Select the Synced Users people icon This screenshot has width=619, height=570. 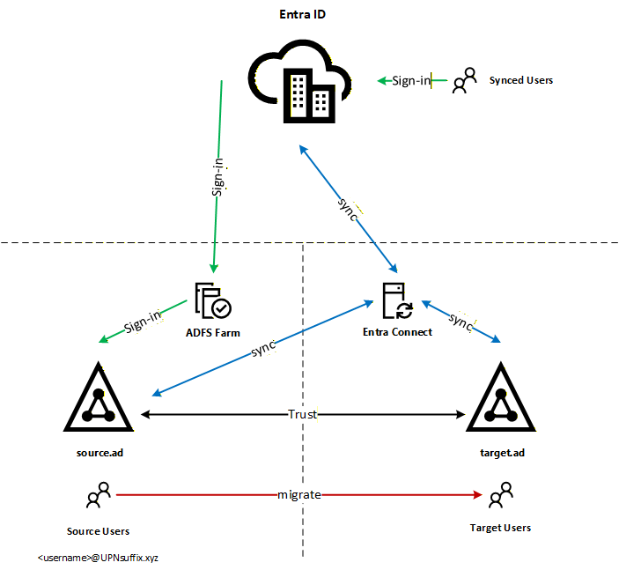(464, 81)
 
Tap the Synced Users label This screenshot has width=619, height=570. (521, 80)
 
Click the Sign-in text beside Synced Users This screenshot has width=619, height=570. (410, 81)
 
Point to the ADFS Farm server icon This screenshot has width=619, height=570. (212, 300)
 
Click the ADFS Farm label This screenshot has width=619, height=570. (213, 332)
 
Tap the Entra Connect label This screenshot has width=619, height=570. (397, 332)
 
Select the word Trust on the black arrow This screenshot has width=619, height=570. (303, 413)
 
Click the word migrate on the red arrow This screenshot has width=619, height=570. (299, 495)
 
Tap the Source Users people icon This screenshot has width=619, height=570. (98, 496)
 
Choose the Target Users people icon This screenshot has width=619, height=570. (499, 495)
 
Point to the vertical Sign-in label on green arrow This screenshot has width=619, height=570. (217, 176)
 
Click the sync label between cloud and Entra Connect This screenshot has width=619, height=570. (346, 209)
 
